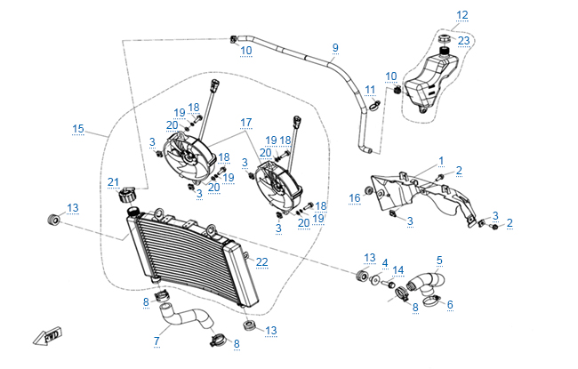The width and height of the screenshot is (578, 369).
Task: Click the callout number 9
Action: point(335,47)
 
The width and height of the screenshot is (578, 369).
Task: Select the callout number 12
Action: point(462,15)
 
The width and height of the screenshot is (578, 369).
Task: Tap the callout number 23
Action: point(464,40)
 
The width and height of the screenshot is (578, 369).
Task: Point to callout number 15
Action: point(78,129)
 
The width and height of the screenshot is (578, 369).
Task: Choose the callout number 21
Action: point(113,183)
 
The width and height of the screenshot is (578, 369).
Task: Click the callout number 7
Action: point(157,340)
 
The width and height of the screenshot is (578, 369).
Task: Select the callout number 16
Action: point(354,197)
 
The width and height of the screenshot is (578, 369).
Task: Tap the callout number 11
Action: point(369,89)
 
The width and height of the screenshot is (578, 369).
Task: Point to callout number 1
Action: point(440,161)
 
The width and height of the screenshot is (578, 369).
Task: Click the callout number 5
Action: point(438,260)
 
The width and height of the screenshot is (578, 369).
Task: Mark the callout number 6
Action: point(450,304)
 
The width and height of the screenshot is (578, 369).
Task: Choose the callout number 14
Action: point(398,270)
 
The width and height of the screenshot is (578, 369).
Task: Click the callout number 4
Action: point(385,263)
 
